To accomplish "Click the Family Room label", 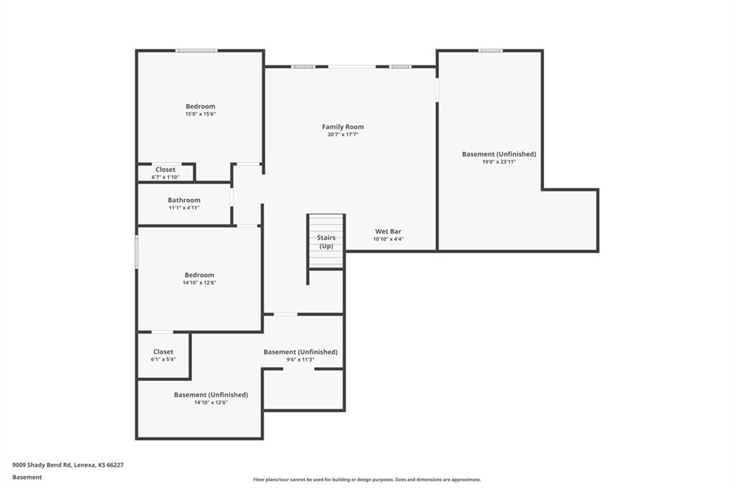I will pos(343,127).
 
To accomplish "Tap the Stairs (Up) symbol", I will pos(326,242).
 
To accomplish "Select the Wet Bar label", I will pos(388,232).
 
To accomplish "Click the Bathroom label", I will pos(184,200).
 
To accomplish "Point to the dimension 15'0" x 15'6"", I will pos(200,114).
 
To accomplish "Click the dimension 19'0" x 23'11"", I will pos(499,162).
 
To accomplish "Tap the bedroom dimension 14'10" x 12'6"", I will pos(199,283).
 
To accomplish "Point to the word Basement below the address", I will pos(27,477).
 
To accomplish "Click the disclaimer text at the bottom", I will pos(366,480).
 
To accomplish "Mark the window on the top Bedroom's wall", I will pos(196,50).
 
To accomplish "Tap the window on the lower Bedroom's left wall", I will pos(136,252).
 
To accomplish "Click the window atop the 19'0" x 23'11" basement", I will pos(490,50).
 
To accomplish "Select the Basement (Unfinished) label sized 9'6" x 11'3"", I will pos(300,352).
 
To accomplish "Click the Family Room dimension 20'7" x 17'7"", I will pos(343,135).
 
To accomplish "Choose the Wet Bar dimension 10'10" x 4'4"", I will pos(388,239).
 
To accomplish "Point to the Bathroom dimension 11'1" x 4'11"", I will pos(184,208).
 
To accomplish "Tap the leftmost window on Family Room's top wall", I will pos(302,67).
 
